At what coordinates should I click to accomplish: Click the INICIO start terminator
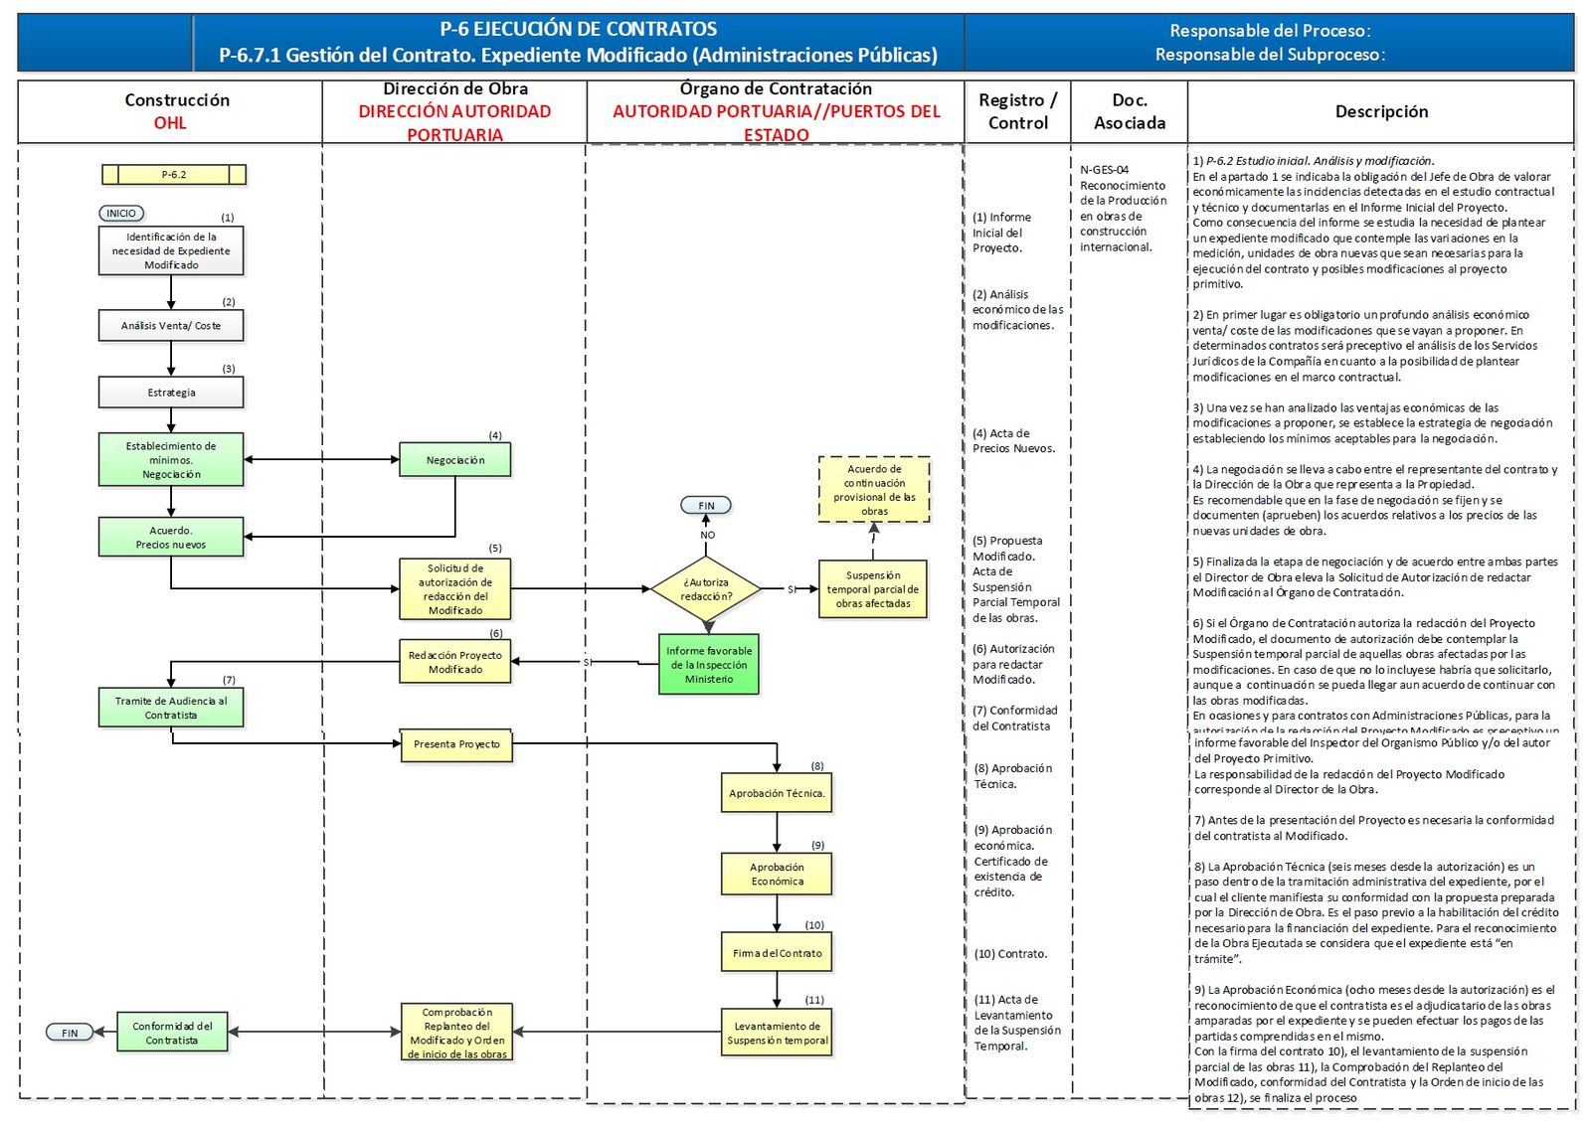pyautogui.click(x=121, y=214)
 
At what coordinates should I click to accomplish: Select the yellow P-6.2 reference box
pyautogui.click(x=174, y=175)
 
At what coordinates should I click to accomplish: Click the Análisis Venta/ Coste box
pyautogui.click(x=171, y=326)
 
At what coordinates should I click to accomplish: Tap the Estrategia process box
pyautogui.click(x=171, y=393)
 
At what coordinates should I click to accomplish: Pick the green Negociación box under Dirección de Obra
pyautogui.click(x=455, y=460)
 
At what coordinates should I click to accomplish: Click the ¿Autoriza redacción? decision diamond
pyautogui.click(x=706, y=589)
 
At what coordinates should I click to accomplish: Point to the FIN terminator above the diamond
pyautogui.click(x=706, y=506)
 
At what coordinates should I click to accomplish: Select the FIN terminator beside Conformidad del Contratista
pyautogui.click(x=70, y=1033)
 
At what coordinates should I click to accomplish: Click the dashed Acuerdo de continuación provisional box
pyautogui.click(x=874, y=490)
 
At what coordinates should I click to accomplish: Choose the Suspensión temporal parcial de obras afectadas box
pyautogui.click(x=873, y=589)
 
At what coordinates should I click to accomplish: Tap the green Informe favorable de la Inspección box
pyautogui.click(x=708, y=665)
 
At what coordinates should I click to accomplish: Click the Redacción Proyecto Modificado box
pyautogui.click(x=455, y=662)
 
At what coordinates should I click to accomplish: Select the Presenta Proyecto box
pyautogui.click(x=456, y=744)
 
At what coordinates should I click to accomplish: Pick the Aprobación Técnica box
pyautogui.click(x=777, y=793)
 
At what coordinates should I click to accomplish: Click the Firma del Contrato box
pyautogui.click(x=777, y=953)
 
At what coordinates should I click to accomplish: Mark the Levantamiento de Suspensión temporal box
pyautogui.click(x=777, y=1033)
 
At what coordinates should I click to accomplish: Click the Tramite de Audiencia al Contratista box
pyautogui.click(x=171, y=708)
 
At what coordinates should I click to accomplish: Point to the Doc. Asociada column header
pyautogui.click(x=1130, y=111)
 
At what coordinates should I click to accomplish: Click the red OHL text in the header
pyautogui.click(x=170, y=123)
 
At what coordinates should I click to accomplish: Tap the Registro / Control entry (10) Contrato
pyautogui.click(x=1010, y=954)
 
